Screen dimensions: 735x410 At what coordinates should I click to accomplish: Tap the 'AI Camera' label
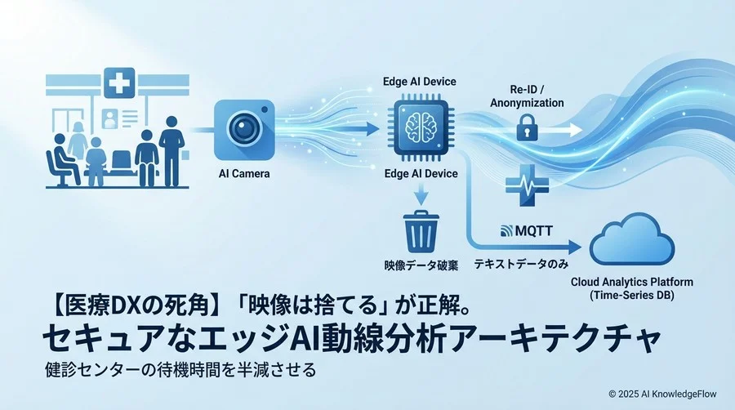tap(244, 174)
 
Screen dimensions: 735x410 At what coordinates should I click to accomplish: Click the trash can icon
tap(421, 231)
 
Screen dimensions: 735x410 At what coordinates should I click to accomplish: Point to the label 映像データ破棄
tap(421, 265)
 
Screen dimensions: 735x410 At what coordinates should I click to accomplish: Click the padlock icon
tap(527, 127)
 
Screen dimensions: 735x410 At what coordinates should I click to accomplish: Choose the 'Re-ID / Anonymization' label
tap(527, 96)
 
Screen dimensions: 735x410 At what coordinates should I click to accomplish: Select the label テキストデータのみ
tap(521, 265)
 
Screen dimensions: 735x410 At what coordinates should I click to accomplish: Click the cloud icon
tap(632, 239)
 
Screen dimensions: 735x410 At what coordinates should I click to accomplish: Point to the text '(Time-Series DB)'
tap(631, 295)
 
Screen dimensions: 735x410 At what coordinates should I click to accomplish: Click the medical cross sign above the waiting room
tap(119, 83)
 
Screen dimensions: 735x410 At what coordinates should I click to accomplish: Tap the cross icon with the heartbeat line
tap(528, 185)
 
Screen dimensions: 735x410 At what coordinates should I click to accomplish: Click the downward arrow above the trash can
tap(421, 194)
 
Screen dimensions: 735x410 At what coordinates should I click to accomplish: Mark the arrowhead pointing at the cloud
tap(575, 247)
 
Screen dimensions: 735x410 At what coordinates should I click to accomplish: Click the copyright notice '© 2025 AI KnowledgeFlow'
tap(662, 394)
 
